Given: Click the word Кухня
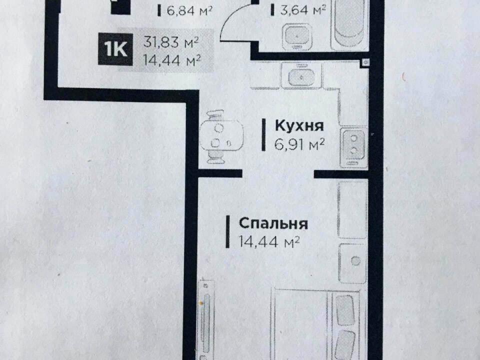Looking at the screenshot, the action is click(299, 126).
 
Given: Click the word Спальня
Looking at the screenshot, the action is click(273, 223).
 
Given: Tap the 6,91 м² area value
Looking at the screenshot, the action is click(299, 144).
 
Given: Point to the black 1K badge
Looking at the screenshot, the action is click(115, 49).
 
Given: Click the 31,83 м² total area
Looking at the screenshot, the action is click(171, 42).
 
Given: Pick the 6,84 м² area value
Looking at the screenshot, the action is click(189, 11).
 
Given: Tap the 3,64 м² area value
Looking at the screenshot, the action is click(302, 10).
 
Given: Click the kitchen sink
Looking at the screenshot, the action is click(301, 77).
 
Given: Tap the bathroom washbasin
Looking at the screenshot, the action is click(297, 35).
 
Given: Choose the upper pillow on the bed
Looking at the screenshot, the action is click(345, 310).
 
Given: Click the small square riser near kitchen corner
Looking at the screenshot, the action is click(366, 62).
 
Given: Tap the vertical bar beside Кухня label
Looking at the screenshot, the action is click(263, 135).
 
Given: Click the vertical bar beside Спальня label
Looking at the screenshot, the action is click(227, 231).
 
